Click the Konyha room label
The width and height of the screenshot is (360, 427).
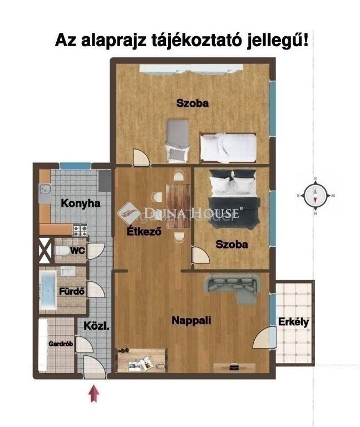coord(80,203)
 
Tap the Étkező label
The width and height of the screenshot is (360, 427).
coord(144,231)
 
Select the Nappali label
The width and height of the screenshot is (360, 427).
coord(191,320)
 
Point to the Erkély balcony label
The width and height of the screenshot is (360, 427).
coord(293,322)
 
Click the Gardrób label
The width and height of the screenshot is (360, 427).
coord(61,344)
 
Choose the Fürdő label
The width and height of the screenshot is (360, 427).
coord(72,291)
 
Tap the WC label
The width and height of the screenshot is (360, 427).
coord(78,251)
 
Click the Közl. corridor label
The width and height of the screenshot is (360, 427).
coord(96,326)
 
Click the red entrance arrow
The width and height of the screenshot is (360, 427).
coord(93,393)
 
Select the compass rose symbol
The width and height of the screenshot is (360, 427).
coord(315,195)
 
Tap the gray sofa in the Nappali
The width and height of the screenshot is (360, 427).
coord(232,288)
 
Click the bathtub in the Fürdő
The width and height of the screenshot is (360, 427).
coord(48,290)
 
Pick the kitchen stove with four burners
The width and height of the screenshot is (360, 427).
coord(80,230)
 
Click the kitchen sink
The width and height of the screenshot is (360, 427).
coord(45,188)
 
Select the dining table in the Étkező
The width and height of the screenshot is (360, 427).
coord(178,206)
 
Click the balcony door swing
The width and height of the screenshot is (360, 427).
coord(264,337)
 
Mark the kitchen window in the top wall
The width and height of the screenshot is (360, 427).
coord(75,166)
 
